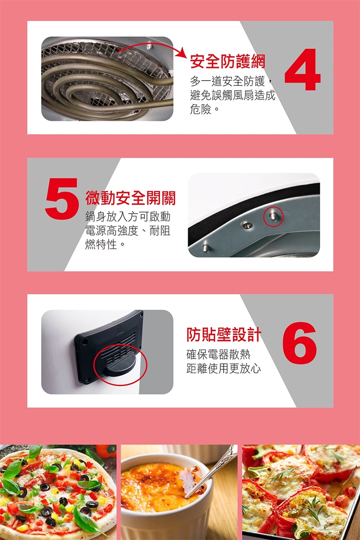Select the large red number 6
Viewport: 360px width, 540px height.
(299, 343)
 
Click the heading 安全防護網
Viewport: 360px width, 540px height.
(228, 61)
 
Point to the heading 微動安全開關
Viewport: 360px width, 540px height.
(131, 198)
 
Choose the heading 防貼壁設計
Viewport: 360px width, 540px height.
(224, 335)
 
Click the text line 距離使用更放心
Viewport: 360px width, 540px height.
(224, 369)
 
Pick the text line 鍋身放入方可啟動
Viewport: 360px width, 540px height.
(128, 216)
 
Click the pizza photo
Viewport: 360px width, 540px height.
(58, 492)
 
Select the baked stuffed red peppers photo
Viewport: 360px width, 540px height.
(301, 492)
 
